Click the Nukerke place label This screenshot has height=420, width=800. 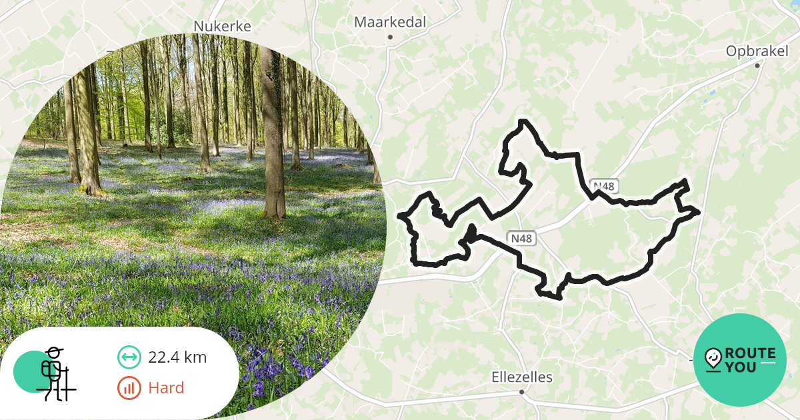222,26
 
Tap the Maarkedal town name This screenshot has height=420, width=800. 390,22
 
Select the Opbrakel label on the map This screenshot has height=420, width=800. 757,51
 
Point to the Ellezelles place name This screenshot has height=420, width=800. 522,377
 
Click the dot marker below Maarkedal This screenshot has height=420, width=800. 390,37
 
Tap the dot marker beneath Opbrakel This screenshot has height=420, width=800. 757,65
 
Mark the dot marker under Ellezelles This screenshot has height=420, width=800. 522,392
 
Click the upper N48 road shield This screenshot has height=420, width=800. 603,187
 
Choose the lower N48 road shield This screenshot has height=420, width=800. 522,238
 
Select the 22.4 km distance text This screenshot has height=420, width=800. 177,357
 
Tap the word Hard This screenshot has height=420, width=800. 166,388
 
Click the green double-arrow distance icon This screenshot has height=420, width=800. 129,357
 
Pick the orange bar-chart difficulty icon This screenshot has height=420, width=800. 129,388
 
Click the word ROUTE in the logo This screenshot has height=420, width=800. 750,353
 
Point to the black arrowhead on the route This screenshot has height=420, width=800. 470,234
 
